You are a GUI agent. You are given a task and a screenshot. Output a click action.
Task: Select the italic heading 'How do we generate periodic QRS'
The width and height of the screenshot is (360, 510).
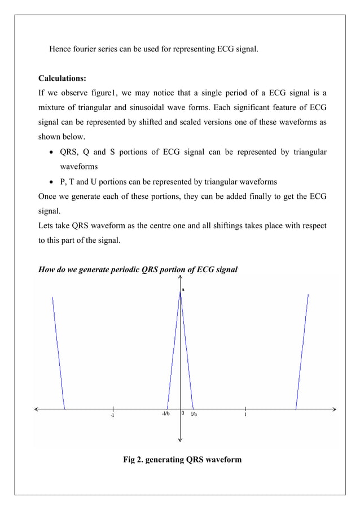click(138, 269)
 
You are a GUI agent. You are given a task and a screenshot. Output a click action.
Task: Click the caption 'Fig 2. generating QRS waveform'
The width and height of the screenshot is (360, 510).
click(182, 459)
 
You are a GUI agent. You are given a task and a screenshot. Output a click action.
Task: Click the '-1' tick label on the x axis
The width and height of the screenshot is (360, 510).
click(112, 416)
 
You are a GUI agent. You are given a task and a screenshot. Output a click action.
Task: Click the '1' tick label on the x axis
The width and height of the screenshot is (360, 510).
click(245, 415)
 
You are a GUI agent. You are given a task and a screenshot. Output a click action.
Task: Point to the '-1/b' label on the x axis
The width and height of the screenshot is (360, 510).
click(166, 414)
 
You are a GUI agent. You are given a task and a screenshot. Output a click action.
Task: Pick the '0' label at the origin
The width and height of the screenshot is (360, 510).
click(183, 413)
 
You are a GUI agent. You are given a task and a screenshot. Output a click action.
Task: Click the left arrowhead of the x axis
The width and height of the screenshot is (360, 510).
click(37, 408)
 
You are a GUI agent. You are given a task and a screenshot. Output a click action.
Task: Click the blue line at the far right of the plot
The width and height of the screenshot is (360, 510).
click(302, 350)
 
